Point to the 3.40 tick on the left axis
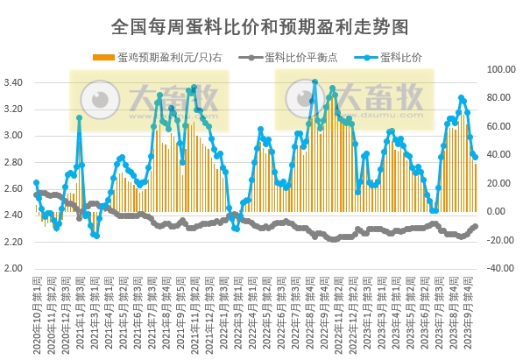[x=18, y=83]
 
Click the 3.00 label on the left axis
[x=18, y=136]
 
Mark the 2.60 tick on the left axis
[x=18, y=188]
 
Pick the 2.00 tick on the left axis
[x=18, y=268]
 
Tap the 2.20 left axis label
[x=18, y=242]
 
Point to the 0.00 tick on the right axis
[x=505, y=212]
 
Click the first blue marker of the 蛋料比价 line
[x=36, y=183]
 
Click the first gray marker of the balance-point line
[x=36, y=194]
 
